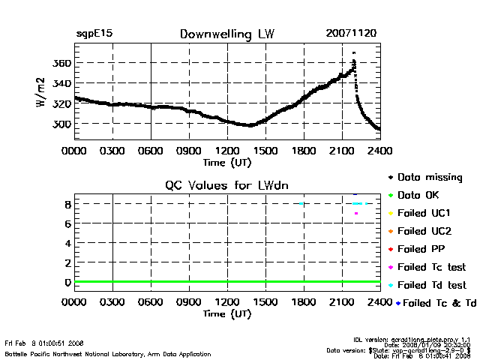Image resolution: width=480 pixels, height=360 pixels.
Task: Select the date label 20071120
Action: coord(351,34)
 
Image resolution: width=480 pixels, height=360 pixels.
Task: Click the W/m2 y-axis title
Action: coord(42,95)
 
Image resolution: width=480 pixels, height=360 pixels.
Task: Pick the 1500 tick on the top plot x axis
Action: coord(265,150)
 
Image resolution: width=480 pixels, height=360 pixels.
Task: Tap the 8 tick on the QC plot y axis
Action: coord(67,204)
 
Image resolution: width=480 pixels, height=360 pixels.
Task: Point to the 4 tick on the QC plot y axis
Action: coord(67,243)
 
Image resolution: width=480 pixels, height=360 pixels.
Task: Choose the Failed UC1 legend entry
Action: coord(427,213)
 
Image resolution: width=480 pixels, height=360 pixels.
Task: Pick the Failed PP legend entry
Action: coord(424,249)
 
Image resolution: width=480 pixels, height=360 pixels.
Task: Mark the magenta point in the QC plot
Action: coord(356,214)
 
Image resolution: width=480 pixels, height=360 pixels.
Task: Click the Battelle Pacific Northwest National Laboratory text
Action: coord(108,354)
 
